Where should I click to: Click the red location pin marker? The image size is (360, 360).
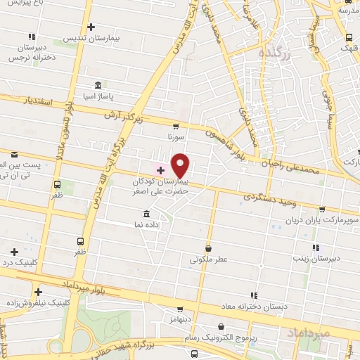pos(181,165)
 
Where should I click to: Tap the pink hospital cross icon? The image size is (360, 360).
pos(160,169)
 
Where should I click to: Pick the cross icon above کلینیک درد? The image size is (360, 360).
pos(14,251)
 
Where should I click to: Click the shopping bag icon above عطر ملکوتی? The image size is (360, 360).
pos(209,247)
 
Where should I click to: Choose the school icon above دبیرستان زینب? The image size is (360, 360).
pos(315,247)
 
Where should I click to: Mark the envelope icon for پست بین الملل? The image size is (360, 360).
pos(14,153)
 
